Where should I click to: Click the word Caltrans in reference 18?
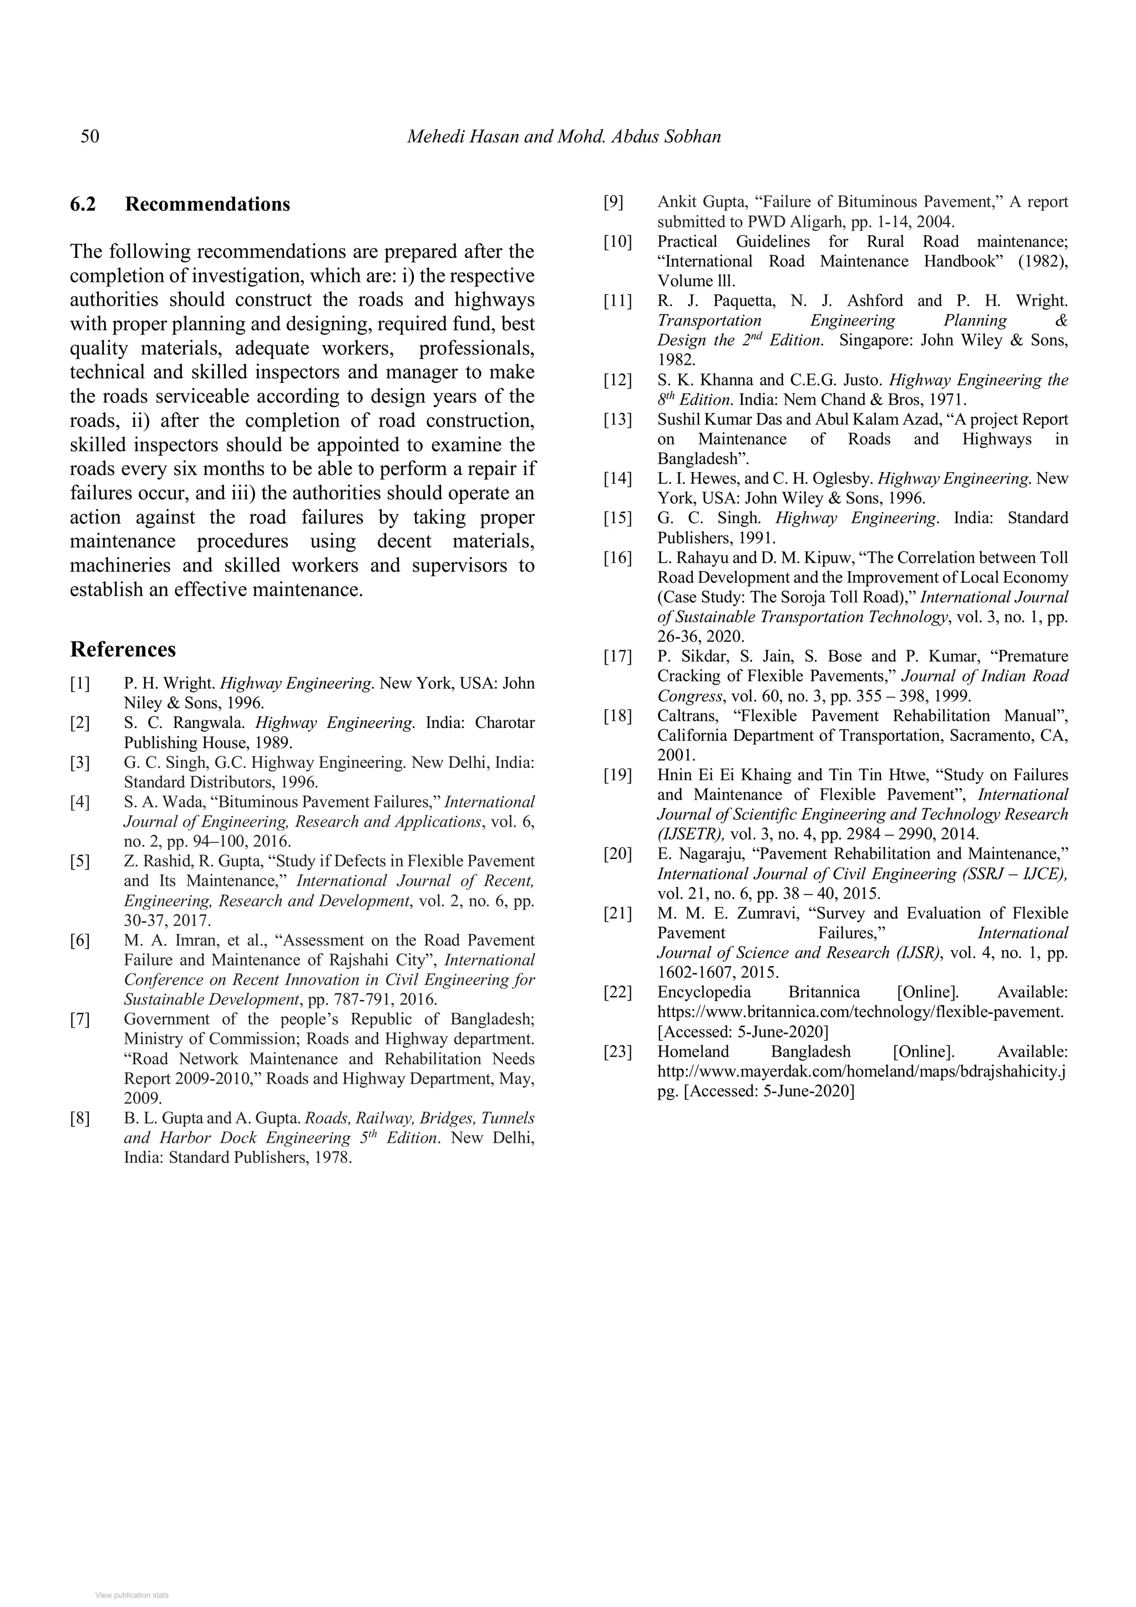[x=686, y=716]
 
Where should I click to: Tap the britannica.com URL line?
[x=860, y=1012]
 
